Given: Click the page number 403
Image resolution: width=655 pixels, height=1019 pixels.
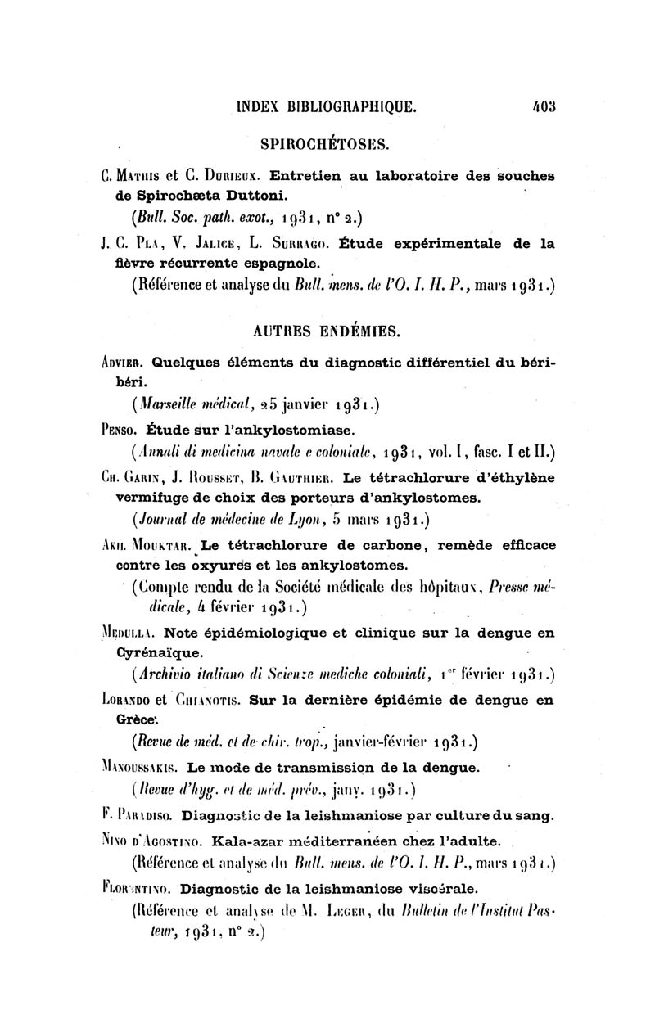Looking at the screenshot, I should click(544, 106).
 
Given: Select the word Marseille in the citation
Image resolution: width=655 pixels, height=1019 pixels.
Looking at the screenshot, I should click(165, 404).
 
